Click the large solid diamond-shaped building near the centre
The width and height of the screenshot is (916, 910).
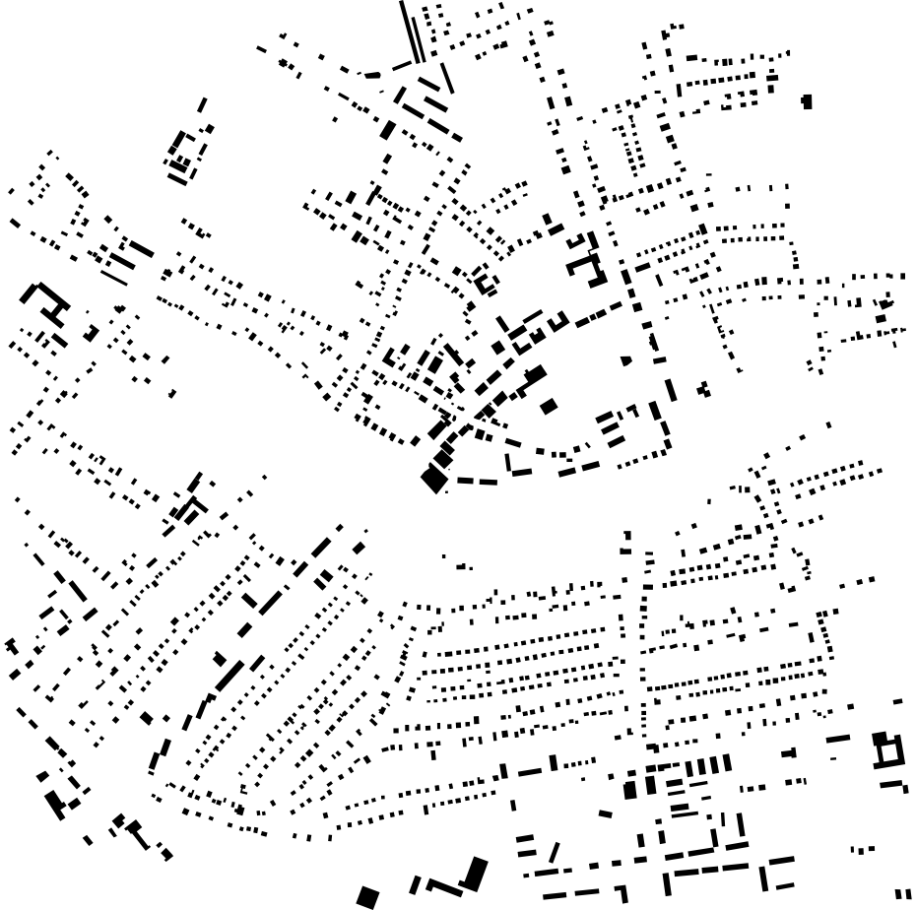click(433, 480)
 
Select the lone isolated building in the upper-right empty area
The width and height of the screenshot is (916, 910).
click(807, 101)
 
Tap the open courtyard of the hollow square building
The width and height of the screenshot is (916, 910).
click(889, 752)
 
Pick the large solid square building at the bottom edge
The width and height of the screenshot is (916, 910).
click(367, 897)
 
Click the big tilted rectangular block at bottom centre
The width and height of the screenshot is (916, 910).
click(475, 874)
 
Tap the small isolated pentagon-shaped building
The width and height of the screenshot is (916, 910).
click(626, 360)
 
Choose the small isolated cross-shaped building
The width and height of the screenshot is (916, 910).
click(703, 390)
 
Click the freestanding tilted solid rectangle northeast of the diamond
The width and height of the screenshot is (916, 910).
click(549, 405)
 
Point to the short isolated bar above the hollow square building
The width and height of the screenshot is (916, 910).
click(897, 701)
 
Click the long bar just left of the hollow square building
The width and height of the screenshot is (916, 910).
click(838, 738)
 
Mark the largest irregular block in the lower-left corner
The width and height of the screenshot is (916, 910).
click(55, 802)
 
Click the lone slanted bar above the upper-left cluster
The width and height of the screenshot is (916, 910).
click(202, 104)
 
